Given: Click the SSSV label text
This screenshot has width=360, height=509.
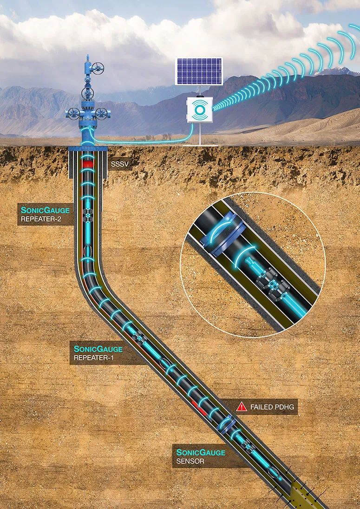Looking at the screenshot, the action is point(120,164).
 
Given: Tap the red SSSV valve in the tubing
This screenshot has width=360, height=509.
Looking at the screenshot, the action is point(87,164).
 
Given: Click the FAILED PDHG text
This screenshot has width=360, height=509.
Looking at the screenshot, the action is point(272,407).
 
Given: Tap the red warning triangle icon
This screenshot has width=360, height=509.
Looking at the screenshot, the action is point(242,406).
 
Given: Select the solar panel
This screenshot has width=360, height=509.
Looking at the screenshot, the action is point(199,71).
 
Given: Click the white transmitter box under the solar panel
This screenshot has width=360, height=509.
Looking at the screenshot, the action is point(200,110).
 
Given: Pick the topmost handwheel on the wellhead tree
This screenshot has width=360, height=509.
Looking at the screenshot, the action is point(98,68).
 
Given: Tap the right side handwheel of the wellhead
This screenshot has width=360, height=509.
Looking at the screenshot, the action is point(103,113).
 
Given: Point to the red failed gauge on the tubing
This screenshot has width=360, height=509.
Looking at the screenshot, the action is point(199,408).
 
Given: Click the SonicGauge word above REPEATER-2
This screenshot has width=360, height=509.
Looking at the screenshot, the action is point(45,210).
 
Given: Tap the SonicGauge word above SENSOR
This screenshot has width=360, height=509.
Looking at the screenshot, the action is point(201,452).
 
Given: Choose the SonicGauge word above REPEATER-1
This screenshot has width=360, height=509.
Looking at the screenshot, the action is point(98,349).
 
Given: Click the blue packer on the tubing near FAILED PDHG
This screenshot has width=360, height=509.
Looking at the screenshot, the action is point(228,424).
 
